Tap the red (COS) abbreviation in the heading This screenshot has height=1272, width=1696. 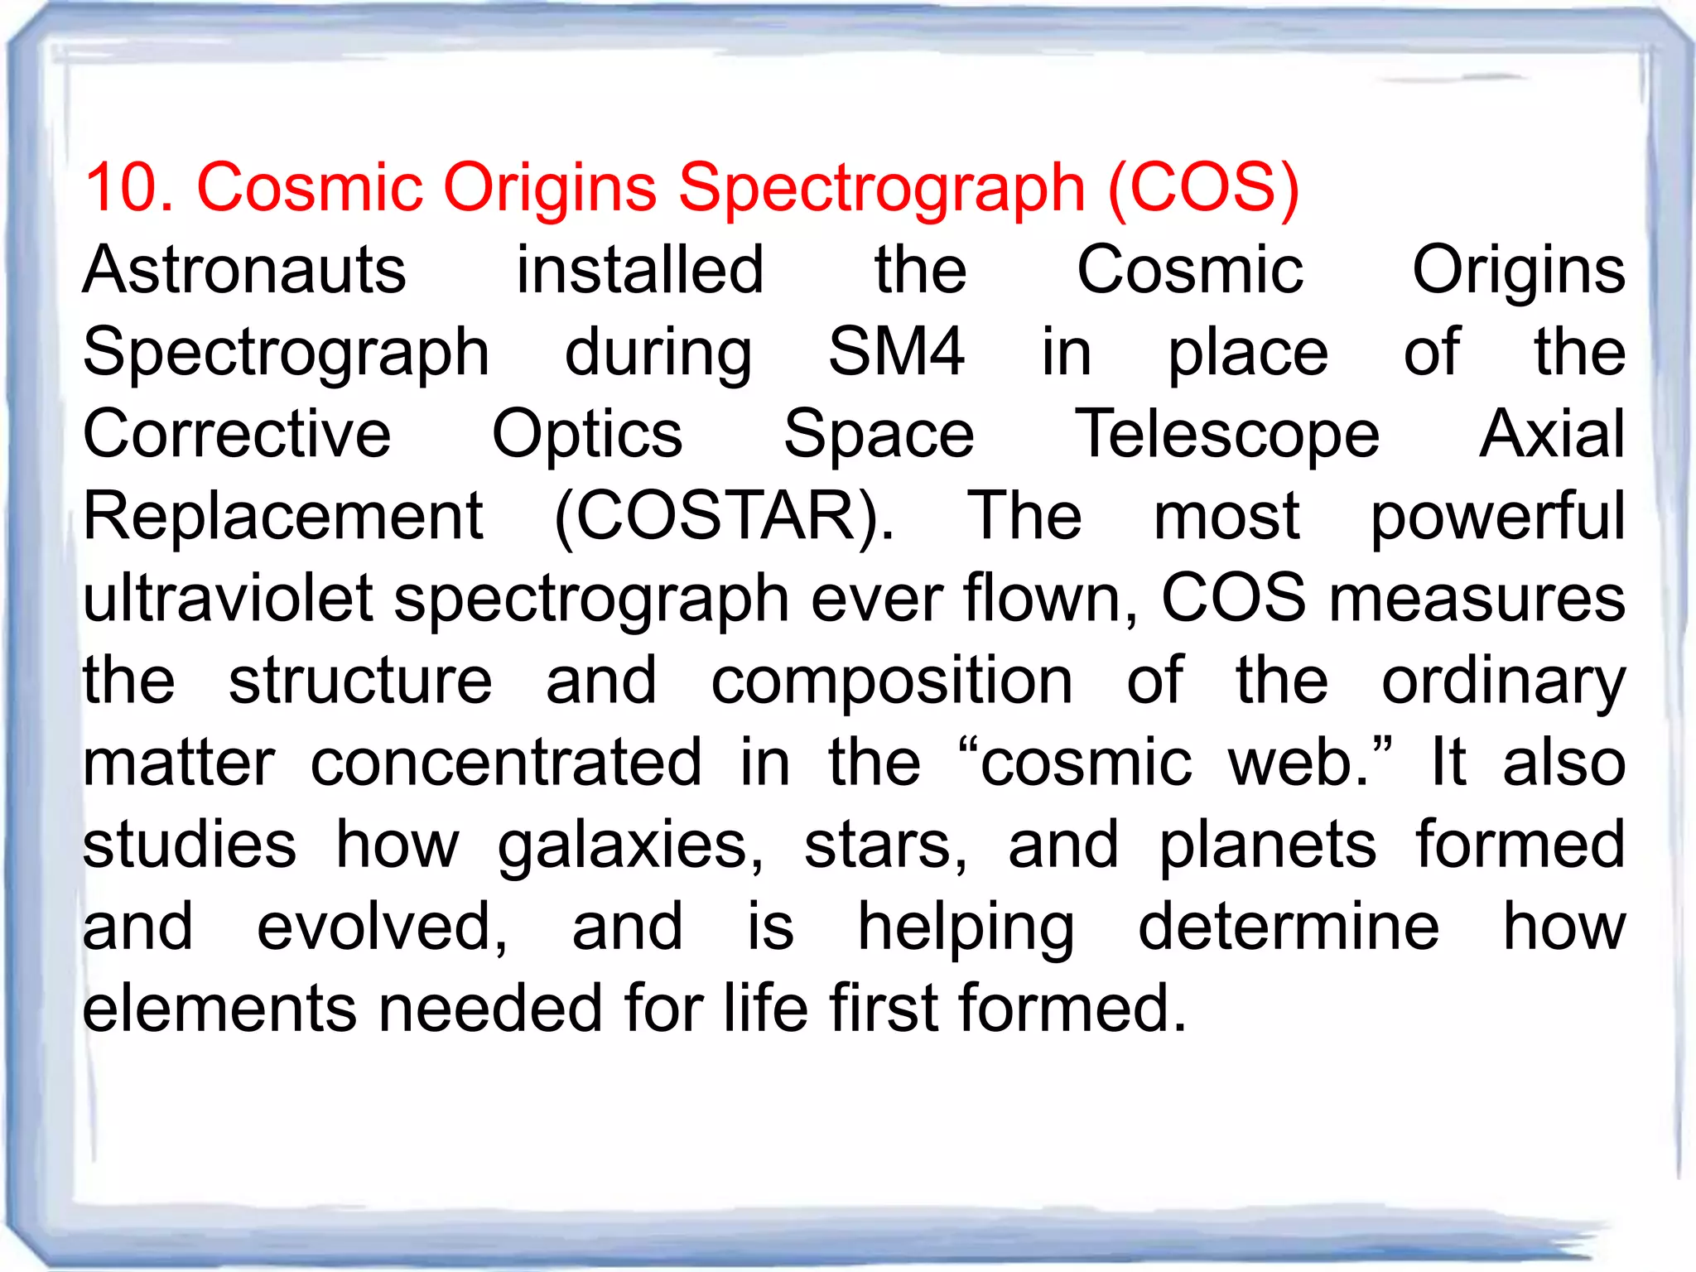[1203, 187]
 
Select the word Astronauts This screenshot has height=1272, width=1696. [244, 270]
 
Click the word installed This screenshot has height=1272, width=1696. [639, 270]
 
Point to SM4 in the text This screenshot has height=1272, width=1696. [896, 352]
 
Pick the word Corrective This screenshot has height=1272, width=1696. [237, 434]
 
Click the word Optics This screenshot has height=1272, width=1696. [587, 436]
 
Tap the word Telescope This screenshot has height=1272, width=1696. [1226, 436]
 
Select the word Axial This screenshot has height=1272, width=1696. [1552, 434]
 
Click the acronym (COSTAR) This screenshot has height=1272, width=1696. [724, 517]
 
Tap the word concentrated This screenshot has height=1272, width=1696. [506, 763]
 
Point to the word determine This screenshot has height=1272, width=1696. [1289, 927]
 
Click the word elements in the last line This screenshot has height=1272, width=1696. [219, 1009]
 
